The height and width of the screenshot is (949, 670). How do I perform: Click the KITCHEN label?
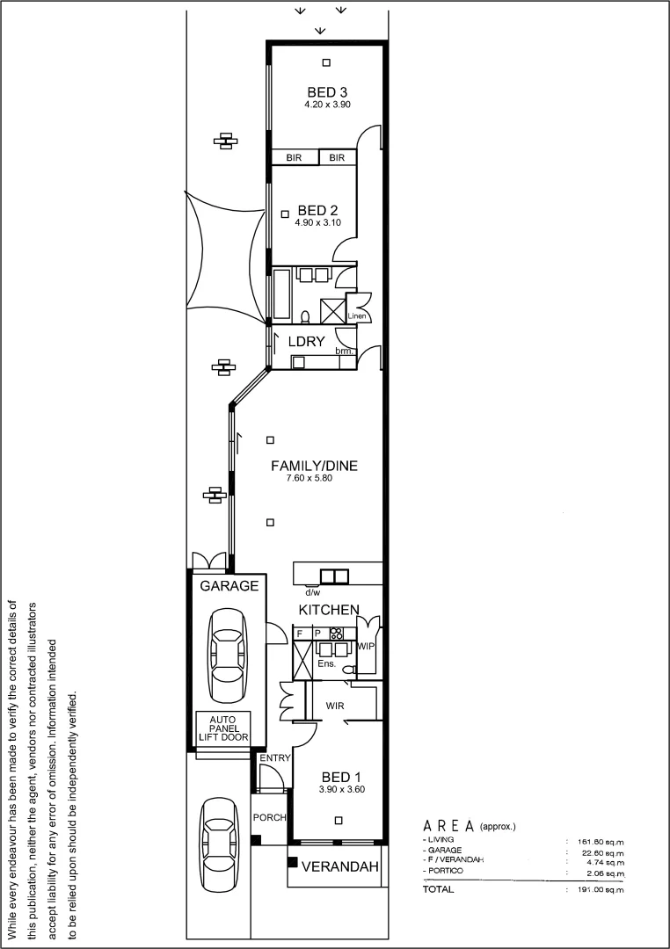tap(329, 609)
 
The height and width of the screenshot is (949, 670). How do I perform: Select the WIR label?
tap(334, 706)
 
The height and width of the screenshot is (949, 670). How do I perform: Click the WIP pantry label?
tap(367, 647)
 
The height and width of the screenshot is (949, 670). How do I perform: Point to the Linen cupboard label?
tap(357, 316)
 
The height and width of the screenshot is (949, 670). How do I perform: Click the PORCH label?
tap(270, 818)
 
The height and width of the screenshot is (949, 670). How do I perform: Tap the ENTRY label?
tap(274, 757)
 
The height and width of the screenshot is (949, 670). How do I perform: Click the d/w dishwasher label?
tap(312, 591)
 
